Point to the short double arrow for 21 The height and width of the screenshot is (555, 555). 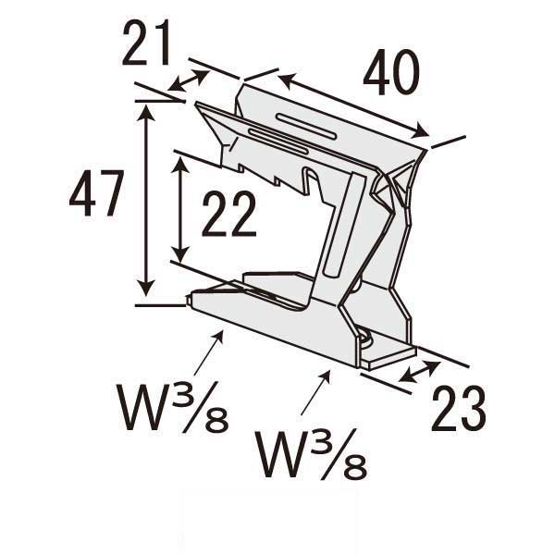pos(189,80)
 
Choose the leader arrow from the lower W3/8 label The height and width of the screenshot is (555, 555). pos(314,386)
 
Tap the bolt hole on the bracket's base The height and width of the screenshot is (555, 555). pos(368,340)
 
